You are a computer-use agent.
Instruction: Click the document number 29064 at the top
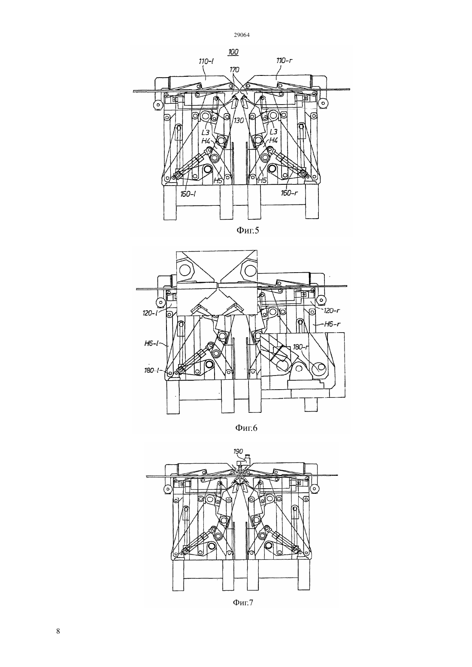tap(241, 35)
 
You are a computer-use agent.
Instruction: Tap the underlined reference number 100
tap(233, 52)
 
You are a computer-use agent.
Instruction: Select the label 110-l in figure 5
tap(207, 61)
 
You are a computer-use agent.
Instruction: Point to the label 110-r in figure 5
tap(284, 61)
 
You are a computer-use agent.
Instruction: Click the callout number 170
tap(234, 70)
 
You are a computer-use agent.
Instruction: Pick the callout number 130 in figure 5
tap(239, 120)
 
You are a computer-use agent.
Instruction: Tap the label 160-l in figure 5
tap(188, 194)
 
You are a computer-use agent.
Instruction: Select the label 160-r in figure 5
tap(289, 193)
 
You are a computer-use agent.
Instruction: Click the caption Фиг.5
tap(248, 230)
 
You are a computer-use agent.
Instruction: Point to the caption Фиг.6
tap(246, 428)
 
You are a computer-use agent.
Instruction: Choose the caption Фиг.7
tap(243, 602)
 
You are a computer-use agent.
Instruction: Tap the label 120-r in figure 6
tap(331, 311)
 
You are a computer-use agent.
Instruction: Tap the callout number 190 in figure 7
tap(238, 451)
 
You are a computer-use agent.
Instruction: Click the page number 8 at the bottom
tap(58, 631)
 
